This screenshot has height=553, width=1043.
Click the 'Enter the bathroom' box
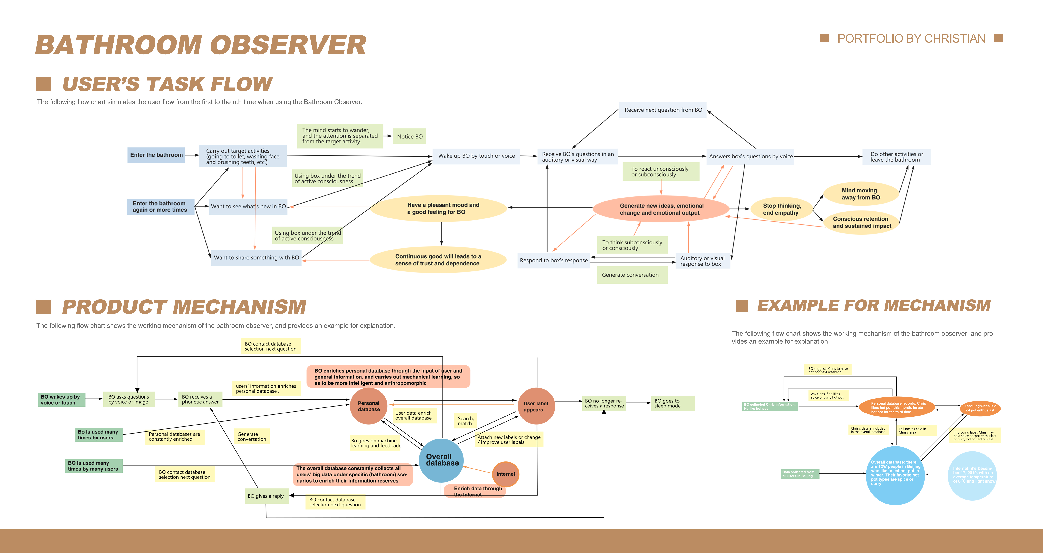pos(156,155)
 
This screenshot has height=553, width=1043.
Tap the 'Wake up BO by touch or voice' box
pos(476,156)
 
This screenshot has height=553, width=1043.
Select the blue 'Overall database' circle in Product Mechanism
pos(441,460)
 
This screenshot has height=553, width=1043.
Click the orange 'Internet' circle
pos(506,474)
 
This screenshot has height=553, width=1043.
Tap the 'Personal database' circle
pos(368,406)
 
